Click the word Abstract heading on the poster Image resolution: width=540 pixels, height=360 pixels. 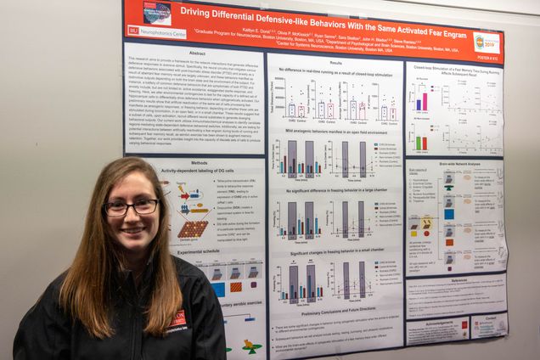tap(197, 52)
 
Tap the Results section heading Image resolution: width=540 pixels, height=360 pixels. tap(336, 63)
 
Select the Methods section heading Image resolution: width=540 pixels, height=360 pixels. tap(199, 162)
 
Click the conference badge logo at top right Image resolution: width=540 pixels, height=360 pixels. tap(487, 42)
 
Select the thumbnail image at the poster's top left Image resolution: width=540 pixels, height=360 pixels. tap(156, 12)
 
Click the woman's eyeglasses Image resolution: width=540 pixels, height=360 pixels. tap(132, 206)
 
